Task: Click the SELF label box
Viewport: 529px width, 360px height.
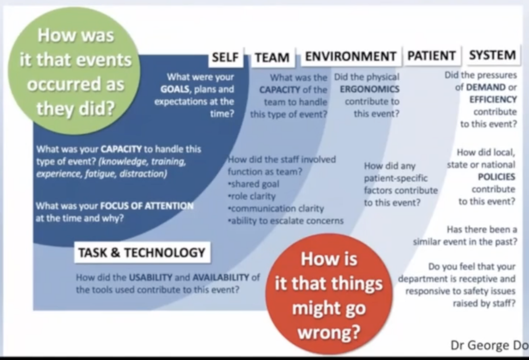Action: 225,58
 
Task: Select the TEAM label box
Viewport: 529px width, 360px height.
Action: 272,58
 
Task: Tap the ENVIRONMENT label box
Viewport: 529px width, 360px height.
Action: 350,56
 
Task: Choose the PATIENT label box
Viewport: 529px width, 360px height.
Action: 431,56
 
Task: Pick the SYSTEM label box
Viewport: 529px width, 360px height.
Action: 492,55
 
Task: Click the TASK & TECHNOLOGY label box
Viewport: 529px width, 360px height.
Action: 142,252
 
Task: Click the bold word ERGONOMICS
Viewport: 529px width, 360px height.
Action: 370,89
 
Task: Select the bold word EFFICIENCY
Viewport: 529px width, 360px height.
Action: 493,99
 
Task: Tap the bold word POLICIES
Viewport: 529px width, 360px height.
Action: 496,177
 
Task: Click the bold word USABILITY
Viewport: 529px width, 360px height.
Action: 150,277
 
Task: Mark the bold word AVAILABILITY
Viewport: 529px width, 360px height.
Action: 220,277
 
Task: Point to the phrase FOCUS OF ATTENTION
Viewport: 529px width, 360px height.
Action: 147,206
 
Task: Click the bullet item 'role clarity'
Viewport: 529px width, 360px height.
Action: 252,196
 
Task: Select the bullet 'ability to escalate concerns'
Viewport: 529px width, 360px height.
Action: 286,221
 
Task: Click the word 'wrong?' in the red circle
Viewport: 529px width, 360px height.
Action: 328,332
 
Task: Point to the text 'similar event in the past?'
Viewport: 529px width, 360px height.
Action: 465,242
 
